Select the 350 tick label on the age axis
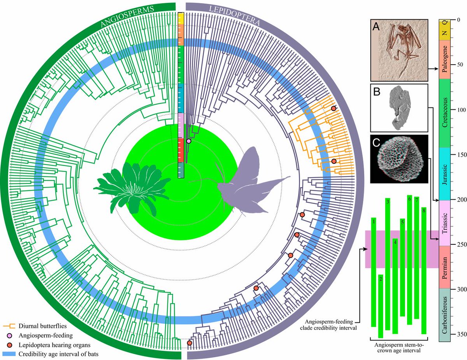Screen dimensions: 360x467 coord(459,334)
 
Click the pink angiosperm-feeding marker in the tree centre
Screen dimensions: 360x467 coord(189,141)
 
